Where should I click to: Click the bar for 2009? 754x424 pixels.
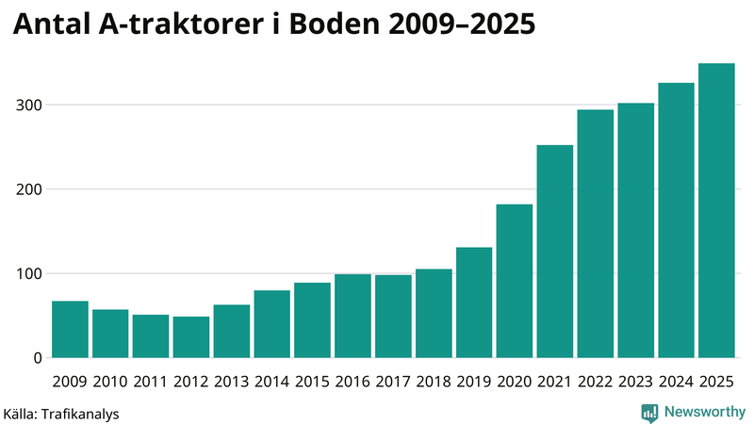click(70, 330)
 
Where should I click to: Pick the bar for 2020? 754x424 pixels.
click(515, 282)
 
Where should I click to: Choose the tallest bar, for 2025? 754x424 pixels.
click(716, 211)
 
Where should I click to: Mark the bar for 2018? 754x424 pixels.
click(434, 314)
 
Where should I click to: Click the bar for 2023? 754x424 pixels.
click(635, 231)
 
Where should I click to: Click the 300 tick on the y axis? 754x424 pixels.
click(28, 105)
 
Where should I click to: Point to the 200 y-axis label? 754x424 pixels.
click(28, 189)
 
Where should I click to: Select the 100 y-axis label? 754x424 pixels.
click(28, 274)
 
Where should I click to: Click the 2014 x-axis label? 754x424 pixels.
click(271, 382)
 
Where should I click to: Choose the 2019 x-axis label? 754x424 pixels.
click(474, 382)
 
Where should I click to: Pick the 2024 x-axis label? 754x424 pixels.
click(676, 382)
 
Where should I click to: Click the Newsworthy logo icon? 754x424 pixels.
click(649, 412)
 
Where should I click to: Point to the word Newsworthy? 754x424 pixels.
click(704, 412)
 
